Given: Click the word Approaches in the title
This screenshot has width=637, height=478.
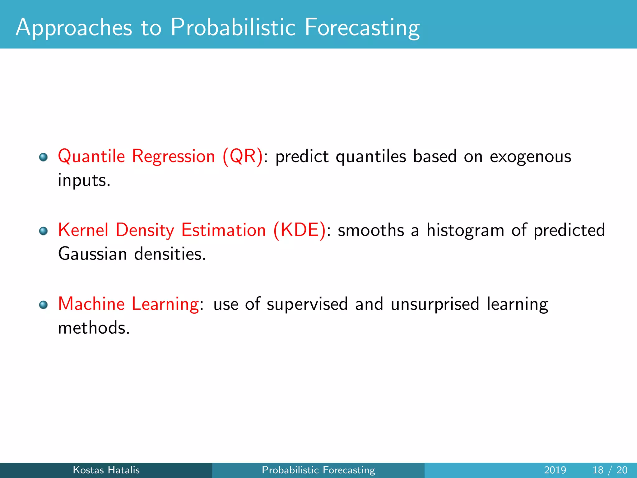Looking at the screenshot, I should (x=74, y=28).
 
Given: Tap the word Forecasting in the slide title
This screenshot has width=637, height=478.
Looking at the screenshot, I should (x=362, y=28).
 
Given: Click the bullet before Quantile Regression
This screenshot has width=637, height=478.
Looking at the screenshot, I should (x=43, y=157).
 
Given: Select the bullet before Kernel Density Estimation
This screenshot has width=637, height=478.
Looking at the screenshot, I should (x=43, y=231).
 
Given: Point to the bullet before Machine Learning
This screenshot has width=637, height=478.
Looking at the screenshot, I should (x=43, y=305).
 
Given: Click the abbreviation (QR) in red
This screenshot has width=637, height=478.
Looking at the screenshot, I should (x=243, y=156).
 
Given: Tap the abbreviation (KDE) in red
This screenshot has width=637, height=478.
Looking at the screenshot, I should (x=300, y=230).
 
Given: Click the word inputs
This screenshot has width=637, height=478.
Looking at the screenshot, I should (x=84, y=180).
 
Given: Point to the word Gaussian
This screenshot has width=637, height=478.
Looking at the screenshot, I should (x=93, y=254).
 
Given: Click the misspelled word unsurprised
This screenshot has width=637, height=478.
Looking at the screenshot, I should (x=435, y=304).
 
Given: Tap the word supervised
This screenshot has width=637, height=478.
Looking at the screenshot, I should (x=307, y=304).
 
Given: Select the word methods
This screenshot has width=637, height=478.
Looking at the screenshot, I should (x=94, y=328).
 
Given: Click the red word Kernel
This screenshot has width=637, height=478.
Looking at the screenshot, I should (x=83, y=230).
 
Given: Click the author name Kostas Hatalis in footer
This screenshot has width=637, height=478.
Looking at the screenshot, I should (x=106, y=470).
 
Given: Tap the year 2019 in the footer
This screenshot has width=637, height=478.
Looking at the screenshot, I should (x=555, y=470).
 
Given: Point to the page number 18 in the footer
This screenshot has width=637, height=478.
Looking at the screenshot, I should (x=597, y=470).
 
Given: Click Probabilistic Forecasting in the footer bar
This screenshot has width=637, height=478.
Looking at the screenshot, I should (x=318, y=470).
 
